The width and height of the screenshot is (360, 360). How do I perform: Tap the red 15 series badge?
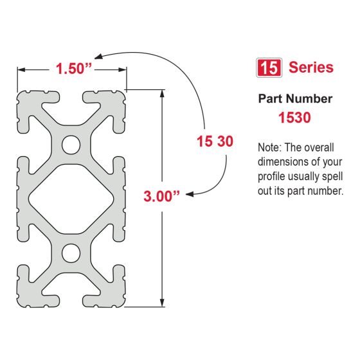click(268, 67)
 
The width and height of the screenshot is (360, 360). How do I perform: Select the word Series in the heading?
click(311, 67)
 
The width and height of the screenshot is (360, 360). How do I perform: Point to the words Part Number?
click(295, 99)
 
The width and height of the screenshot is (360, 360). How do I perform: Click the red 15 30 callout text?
click(215, 141)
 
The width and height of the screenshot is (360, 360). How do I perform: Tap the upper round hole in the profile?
click(71, 145)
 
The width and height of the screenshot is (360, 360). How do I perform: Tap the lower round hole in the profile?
click(71, 252)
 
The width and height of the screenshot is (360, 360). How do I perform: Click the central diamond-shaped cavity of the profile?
click(71, 199)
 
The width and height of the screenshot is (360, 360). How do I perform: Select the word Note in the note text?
click(269, 147)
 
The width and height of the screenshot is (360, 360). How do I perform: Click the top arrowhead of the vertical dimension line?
click(161, 93)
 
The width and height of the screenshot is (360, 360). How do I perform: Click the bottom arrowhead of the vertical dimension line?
click(161, 303)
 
